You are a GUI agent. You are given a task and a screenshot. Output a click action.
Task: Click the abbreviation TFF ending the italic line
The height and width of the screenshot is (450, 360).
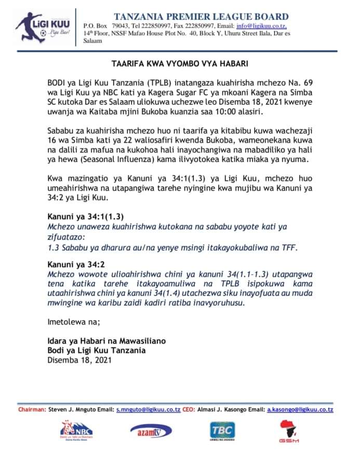tap(288, 248)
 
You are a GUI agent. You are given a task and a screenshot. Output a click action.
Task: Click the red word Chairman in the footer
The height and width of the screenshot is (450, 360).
tap(32, 409)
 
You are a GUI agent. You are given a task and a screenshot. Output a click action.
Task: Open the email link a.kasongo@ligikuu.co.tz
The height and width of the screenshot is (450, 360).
tap(300, 409)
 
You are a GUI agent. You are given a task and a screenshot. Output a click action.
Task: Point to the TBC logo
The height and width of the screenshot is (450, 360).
tap(221, 430)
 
